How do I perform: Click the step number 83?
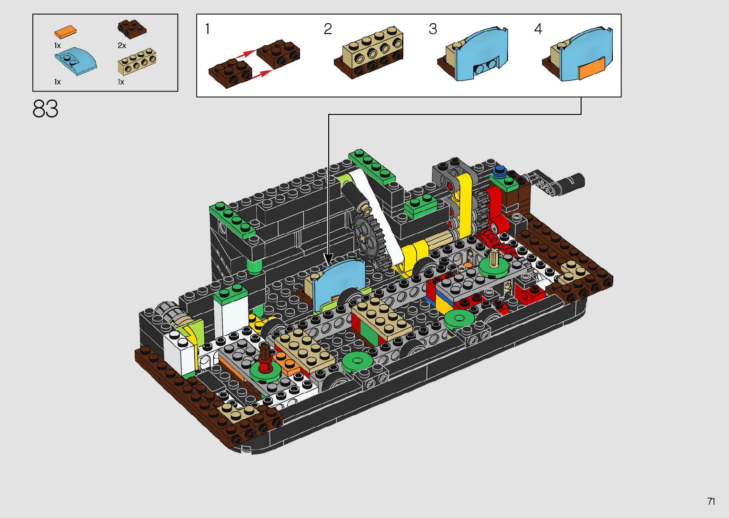tap(46, 109)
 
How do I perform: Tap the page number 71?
tap(711, 501)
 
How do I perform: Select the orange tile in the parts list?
tap(65, 32)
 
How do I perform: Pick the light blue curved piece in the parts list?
tap(75, 61)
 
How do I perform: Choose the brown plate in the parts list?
tap(132, 29)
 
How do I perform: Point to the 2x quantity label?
tap(122, 46)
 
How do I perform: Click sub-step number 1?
tap(207, 29)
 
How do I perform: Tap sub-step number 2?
tap(328, 29)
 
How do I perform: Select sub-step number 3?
tap(432, 29)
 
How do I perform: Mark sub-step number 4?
tap(538, 29)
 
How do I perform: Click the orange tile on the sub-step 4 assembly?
tap(591, 69)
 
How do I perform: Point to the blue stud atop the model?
tap(499, 170)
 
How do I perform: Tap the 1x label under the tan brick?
tap(121, 82)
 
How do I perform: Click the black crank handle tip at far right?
tap(576, 181)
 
